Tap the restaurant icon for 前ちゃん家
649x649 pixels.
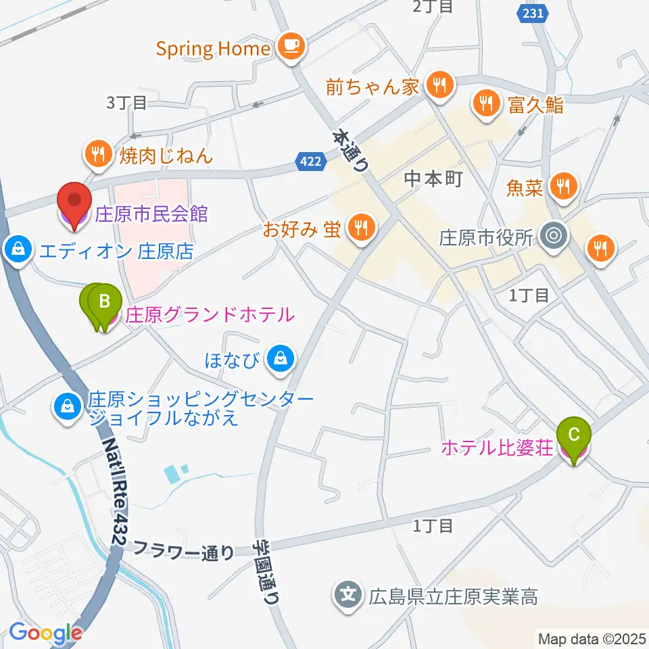click(440, 86)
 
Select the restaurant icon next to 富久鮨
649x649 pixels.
click(486, 103)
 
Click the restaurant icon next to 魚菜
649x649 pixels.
click(563, 185)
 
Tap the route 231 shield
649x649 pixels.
click(532, 13)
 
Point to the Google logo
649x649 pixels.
click(45, 633)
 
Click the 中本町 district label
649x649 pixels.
click(433, 178)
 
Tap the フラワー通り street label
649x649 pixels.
click(184, 551)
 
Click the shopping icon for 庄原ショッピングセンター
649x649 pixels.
click(68, 407)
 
